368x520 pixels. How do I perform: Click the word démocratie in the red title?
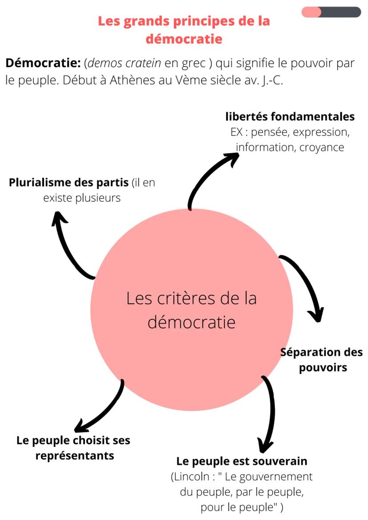184,39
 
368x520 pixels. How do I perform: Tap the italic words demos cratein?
124,63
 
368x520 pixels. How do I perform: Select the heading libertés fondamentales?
290,116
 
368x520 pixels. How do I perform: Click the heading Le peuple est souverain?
242,461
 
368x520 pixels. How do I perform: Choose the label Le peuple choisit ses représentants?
74,448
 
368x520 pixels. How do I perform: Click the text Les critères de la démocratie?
192,310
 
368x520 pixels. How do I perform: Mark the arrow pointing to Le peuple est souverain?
269,413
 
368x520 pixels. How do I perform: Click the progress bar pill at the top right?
331,12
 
